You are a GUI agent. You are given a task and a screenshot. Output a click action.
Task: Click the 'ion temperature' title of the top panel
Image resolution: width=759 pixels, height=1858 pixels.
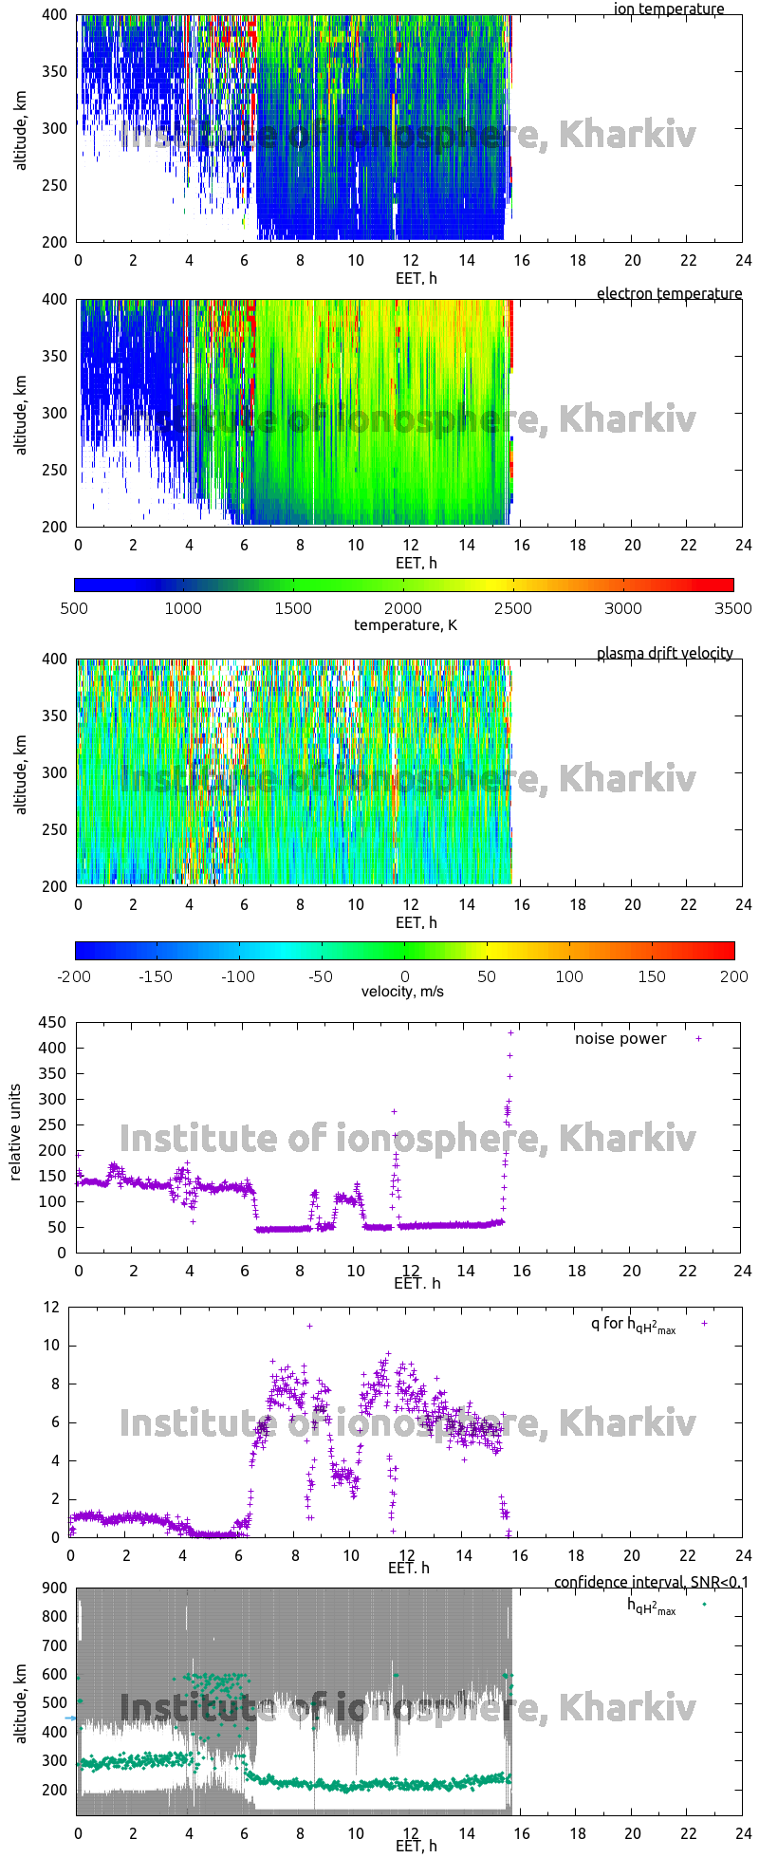668,9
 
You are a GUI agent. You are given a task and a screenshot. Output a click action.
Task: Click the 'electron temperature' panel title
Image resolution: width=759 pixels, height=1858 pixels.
669,293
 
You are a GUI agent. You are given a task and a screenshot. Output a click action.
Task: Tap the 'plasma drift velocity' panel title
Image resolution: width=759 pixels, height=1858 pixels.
664,653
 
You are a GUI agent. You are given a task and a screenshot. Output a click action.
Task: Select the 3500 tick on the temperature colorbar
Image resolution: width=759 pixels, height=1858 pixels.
732,608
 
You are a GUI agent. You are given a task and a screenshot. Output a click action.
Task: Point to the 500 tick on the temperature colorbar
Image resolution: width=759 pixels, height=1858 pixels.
74,608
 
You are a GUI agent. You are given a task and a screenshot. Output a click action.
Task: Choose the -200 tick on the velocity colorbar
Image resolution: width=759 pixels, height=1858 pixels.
74,975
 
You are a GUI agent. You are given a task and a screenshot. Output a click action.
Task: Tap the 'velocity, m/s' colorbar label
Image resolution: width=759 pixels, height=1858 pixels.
402,992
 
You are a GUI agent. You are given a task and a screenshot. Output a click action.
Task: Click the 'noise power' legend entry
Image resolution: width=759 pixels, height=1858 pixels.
620,1038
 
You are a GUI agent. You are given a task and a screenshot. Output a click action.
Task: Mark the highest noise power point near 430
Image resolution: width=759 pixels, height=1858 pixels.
510,1032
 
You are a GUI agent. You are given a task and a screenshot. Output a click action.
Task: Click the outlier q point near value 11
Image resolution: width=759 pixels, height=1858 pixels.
309,1326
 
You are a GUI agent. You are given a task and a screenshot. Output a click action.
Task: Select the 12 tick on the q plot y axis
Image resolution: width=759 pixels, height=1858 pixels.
50,1307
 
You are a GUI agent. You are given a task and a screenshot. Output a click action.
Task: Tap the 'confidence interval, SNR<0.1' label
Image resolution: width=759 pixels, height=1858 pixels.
651,1582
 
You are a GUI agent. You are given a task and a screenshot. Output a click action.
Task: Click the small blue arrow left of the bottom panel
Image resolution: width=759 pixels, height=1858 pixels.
69,1718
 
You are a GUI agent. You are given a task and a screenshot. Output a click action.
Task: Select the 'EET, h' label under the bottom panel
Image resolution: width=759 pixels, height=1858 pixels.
417,1845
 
